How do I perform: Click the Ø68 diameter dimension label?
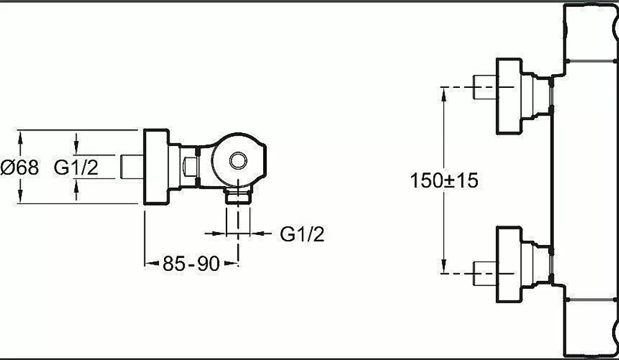[20, 167]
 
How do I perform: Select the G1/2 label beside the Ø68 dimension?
[76, 167]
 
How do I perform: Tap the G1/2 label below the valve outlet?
[302, 234]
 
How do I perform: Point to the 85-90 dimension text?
[191, 264]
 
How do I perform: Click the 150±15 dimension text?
[444, 181]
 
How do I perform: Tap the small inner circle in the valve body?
[238, 161]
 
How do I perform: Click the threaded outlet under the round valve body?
[238, 196]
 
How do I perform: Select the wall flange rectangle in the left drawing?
[156, 167]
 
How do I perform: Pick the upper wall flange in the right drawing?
[509, 96]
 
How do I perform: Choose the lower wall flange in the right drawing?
[509, 264]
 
